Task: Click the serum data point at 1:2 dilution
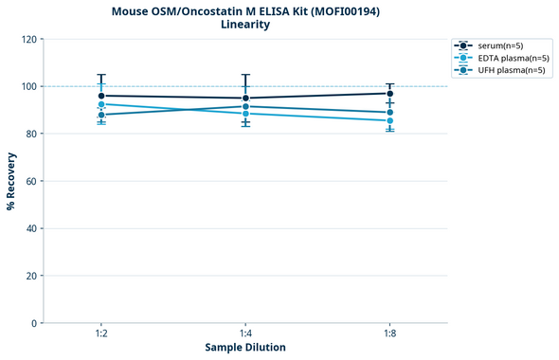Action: click(x=101, y=96)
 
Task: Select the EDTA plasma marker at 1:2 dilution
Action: click(x=101, y=104)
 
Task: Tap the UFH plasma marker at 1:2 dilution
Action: click(x=101, y=115)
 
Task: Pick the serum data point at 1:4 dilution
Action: click(x=245, y=99)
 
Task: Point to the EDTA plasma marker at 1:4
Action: click(x=245, y=114)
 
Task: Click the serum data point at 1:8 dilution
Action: click(x=390, y=93)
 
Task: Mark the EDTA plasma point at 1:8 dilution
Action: click(x=390, y=120)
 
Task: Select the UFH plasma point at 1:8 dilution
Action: click(x=390, y=113)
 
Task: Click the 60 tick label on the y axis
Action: click(x=32, y=181)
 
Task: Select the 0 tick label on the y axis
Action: click(x=35, y=323)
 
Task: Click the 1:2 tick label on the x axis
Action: click(x=101, y=334)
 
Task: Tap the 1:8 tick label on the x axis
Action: click(x=390, y=334)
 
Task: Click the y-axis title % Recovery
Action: click(x=11, y=181)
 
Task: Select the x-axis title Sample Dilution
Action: click(x=245, y=348)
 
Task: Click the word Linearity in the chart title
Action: click(x=245, y=25)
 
